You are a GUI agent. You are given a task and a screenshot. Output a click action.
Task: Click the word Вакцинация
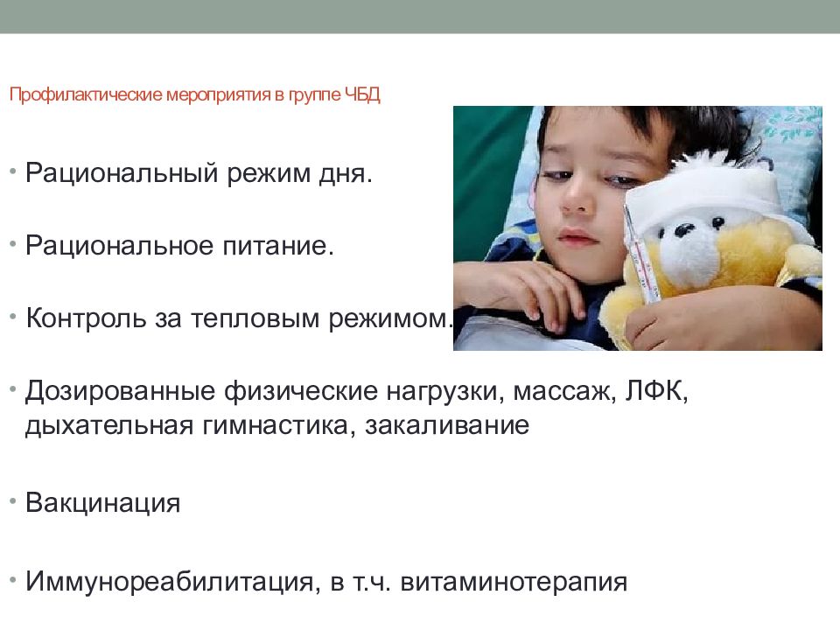103,504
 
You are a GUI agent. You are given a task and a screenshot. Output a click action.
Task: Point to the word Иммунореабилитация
166,582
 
